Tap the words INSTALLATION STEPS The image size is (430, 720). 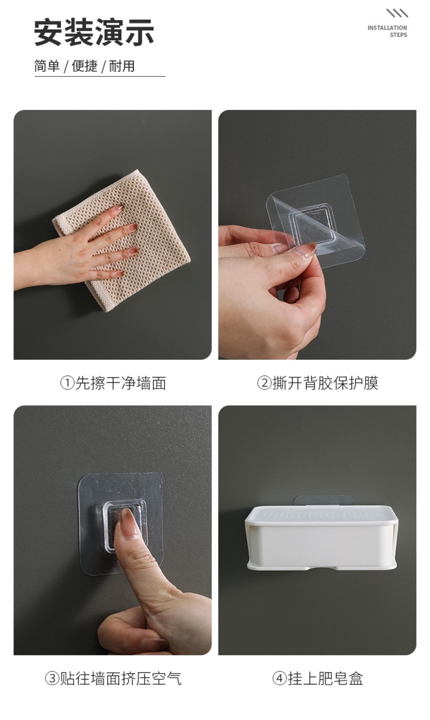click(x=387, y=31)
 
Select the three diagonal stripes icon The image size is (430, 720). click(x=397, y=13)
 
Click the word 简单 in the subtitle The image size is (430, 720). click(x=47, y=66)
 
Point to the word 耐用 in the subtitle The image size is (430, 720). click(x=122, y=66)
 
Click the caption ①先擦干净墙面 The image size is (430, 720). click(x=113, y=383)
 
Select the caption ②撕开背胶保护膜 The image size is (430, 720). click(x=317, y=383)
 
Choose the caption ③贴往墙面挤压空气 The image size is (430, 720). click(x=113, y=678)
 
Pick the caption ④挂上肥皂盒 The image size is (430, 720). click(x=317, y=678)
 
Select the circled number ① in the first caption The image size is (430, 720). click(x=67, y=383)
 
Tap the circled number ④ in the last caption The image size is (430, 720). click(x=280, y=678)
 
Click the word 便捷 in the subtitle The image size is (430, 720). click(x=84, y=66)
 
